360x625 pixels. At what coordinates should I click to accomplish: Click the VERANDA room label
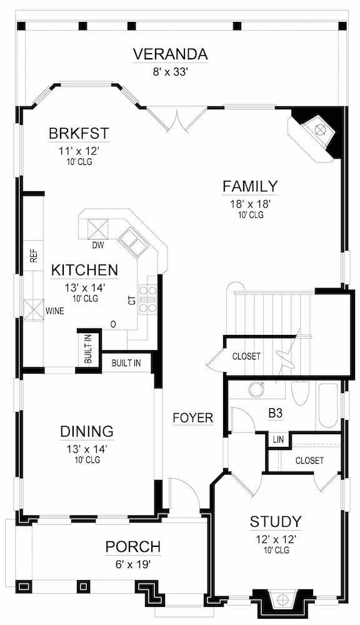(170, 54)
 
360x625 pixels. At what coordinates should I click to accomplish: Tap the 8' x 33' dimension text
(170, 72)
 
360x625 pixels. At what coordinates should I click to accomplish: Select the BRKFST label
(79, 133)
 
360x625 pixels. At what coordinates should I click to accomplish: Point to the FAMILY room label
(250, 186)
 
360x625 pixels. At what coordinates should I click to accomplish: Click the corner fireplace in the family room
(317, 132)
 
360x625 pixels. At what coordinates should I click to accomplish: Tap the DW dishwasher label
(97, 245)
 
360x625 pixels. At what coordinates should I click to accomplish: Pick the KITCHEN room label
(84, 270)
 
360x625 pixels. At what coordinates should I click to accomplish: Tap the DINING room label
(87, 431)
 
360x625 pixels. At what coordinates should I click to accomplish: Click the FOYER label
(193, 417)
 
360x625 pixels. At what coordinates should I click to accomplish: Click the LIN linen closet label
(279, 440)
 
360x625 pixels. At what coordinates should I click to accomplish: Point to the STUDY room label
(276, 521)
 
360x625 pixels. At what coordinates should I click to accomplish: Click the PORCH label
(132, 547)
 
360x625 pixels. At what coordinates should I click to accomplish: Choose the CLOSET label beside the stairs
(246, 356)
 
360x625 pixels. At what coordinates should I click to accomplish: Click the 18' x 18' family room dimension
(250, 203)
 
